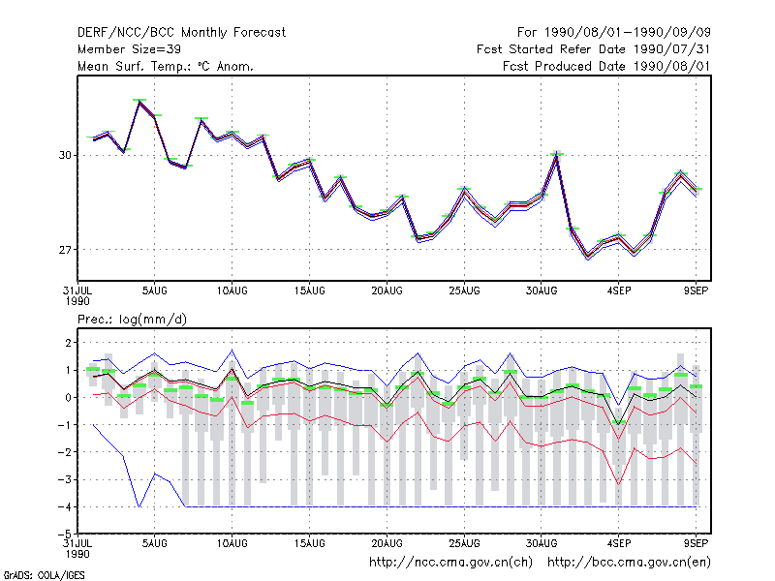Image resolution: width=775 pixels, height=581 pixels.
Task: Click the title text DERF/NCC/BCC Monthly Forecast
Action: click(181, 33)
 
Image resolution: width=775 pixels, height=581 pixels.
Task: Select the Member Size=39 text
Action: click(129, 49)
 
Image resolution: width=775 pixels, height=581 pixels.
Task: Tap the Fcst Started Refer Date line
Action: click(594, 49)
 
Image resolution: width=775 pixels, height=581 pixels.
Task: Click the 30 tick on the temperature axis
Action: click(65, 155)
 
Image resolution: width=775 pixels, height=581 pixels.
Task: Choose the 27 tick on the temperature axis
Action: click(65, 250)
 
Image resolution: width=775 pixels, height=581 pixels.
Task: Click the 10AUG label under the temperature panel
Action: click(232, 291)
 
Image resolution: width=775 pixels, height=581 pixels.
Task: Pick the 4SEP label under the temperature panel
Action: click(619, 291)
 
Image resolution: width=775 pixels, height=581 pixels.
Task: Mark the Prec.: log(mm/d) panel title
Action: click(132, 320)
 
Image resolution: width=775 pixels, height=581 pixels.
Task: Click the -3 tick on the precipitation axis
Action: click(65, 479)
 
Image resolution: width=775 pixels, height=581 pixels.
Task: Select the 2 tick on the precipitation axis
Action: click(68, 343)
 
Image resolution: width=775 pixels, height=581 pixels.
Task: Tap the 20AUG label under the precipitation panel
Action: click(387, 543)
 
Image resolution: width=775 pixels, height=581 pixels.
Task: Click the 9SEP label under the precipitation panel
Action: click(696, 543)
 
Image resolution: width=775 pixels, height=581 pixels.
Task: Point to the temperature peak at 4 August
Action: click(139, 102)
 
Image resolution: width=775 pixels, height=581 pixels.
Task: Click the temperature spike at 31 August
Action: click(557, 155)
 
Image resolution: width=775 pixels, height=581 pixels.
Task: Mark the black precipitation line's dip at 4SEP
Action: click(618, 424)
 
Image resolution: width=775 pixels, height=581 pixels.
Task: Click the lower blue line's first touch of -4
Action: click(139, 506)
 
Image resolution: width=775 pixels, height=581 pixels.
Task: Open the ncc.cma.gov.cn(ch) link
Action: click(450, 563)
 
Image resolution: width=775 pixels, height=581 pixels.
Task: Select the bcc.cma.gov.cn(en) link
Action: click(629, 563)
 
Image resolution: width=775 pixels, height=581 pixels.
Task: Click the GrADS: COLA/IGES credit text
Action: click(44, 575)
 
